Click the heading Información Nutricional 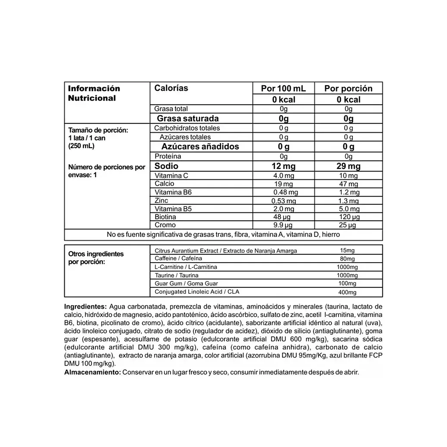pyautogui.click(x=94, y=93)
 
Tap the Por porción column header pyautogui.click(x=348, y=88)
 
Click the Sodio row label pyautogui.click(x=167, y=166)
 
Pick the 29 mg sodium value pyautogui.click(x=348, y=166)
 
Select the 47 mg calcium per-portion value pyautogui.click(x=348, y=184)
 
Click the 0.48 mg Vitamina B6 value pyautogui.click(x=285, y=192)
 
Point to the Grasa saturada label pyautogui.click(x=188, y=118)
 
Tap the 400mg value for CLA pyautogui.click(x=347, y=292)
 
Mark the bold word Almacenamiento pyautogui.click(x=91, y=372)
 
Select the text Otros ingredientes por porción pyautogui.click(x=96, y=258)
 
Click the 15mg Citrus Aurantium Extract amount pyautogui.click(x=347, y=251)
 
